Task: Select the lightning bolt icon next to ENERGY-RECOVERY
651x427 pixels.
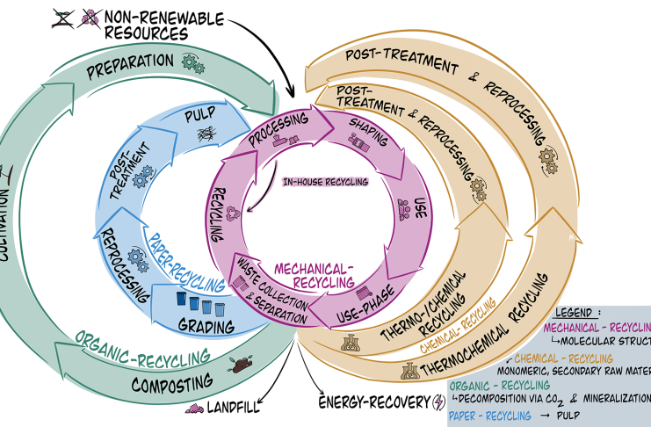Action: click(x=439, y=402)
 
